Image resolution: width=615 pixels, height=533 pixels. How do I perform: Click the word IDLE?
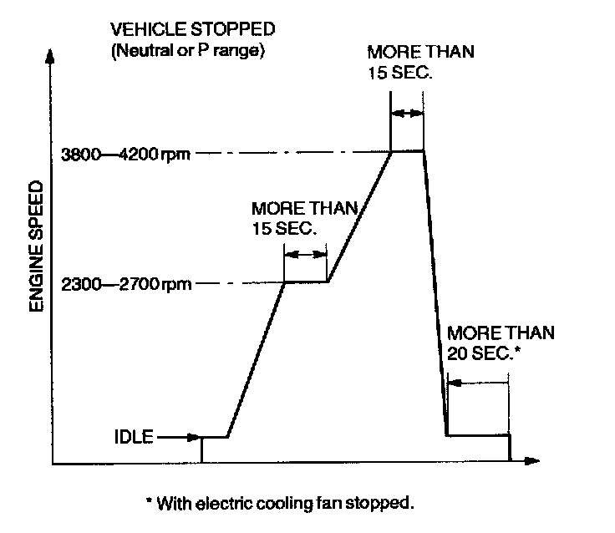coord(135,437)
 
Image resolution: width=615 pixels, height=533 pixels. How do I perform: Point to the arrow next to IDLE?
coord(179,437)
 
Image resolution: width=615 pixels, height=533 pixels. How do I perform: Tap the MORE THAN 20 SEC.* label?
coord(498,343)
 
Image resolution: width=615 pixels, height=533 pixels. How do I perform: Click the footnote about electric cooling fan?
coord(280,504)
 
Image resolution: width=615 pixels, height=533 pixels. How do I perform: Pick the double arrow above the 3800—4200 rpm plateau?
coord(407,114)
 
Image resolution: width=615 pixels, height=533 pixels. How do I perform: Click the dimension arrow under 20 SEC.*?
coord(477,383)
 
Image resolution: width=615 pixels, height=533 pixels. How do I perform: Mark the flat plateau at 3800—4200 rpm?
coord(407,150)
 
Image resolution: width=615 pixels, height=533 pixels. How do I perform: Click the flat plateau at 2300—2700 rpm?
coord(306,282)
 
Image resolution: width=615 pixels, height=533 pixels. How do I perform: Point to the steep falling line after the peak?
coord(435,292)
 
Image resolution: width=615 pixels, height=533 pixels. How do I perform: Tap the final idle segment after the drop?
coord(478,436)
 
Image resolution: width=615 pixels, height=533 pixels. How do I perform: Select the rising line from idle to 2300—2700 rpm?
coord(257,359)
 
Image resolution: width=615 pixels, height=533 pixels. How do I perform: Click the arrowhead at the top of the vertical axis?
coord(52,58)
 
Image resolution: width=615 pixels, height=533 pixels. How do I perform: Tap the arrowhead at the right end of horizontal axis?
coord(532,462)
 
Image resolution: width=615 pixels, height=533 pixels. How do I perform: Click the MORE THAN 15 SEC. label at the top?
coord(420,62)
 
